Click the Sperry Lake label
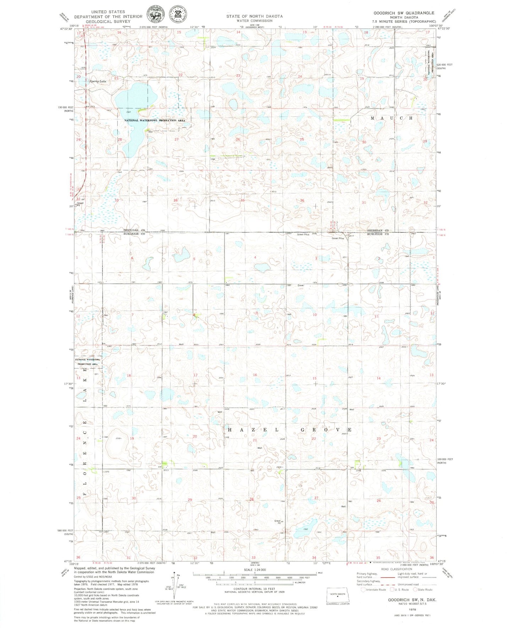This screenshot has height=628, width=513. [98, 81]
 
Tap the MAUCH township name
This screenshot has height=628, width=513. [392, 118]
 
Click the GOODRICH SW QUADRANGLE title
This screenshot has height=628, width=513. [403, 13]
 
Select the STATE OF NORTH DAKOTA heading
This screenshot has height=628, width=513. [255, 16]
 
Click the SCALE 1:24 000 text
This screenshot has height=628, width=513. [255, 570]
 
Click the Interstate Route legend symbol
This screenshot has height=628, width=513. [363, 590]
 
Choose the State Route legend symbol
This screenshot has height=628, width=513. [414, 590]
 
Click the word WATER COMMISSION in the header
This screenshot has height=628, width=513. [255, 21]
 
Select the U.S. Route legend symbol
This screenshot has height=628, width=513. [392, 590]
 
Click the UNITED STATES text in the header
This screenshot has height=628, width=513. [108, 12]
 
